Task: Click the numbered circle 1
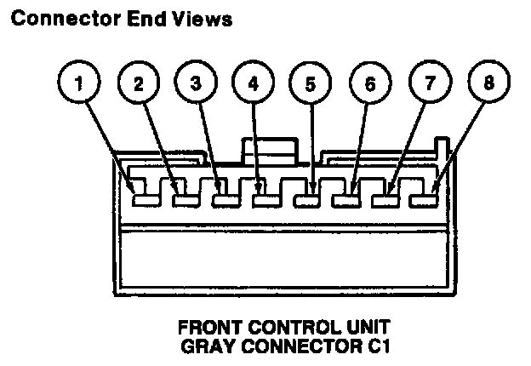click(x=78, y=84)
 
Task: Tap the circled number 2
click(x=137, y=84)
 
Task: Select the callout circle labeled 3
click(x=195, y=84)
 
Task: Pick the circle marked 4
click(x=252, y=84)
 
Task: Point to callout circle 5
click(x=310, y=84)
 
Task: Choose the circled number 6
click(x=368, y=84)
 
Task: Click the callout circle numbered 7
click(x=427, y=84)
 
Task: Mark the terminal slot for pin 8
click(x=424, y=199)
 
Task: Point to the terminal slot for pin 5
click(x=306, y=201)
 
